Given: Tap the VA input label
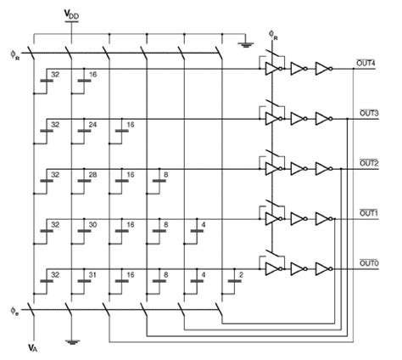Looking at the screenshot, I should (x=31, y=349).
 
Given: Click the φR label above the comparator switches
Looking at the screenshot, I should (x=271, y=37).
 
